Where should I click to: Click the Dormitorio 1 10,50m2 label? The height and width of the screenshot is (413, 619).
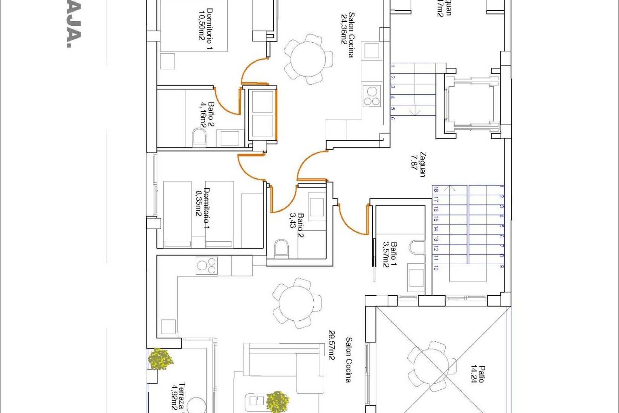(x=206, y=29)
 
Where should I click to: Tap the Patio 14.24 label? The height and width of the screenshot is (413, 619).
(x=477, y=374)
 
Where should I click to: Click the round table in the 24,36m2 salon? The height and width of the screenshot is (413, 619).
(x=308, y=59)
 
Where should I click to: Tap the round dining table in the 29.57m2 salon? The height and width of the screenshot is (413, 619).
(x=296, y=303)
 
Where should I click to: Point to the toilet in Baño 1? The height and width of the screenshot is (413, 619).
(x=418, y=247)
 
